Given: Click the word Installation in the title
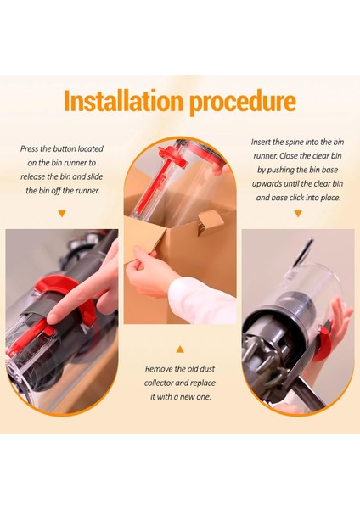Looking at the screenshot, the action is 123,101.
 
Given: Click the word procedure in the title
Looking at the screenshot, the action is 243,103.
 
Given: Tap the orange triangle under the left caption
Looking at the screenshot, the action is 62,213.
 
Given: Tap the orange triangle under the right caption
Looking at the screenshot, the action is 298,213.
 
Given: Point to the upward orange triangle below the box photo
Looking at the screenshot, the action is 180,350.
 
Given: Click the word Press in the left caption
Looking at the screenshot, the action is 29,148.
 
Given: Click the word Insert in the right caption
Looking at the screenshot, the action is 262,142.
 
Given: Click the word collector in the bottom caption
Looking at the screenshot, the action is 158,383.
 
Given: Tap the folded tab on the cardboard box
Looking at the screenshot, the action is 211,221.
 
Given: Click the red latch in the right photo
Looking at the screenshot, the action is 323,344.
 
